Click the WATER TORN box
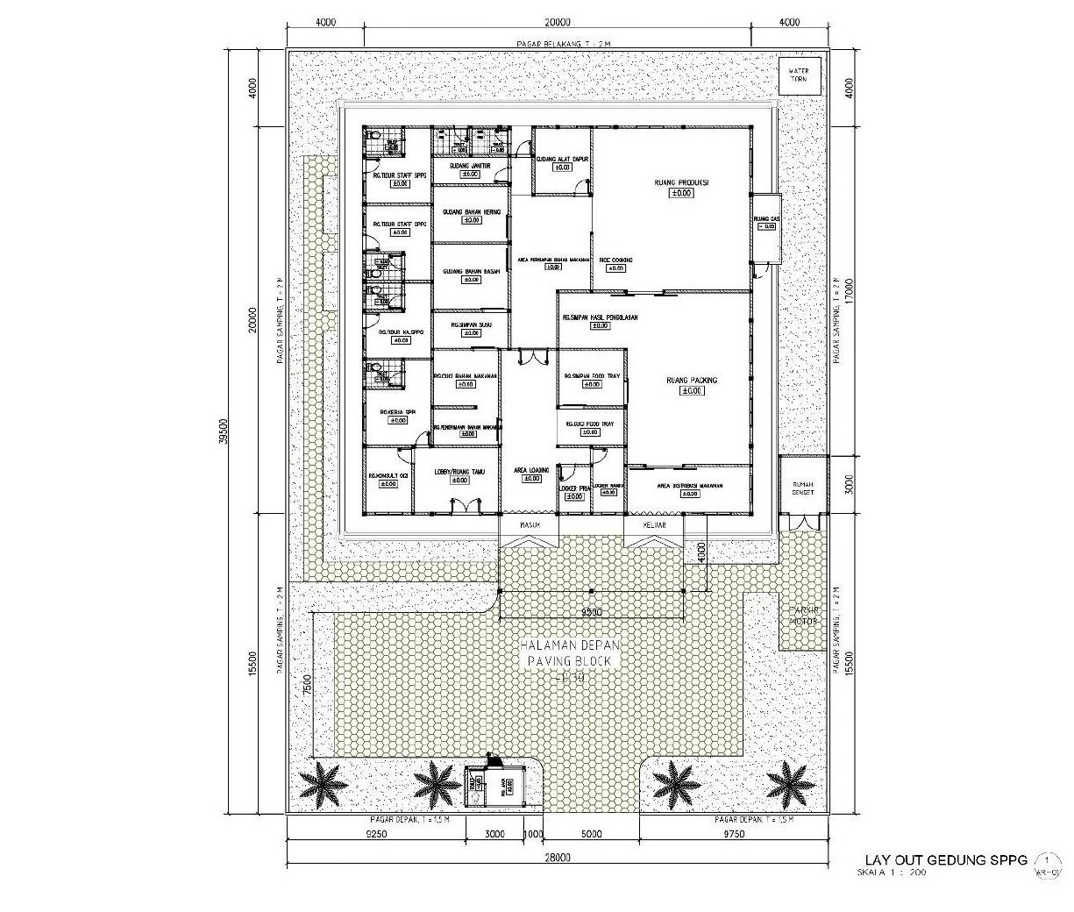[799, 75]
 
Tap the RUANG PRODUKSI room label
[680, 183]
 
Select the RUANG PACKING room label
[692, 381]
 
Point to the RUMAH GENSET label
[803, 488]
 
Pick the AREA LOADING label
[531, 471]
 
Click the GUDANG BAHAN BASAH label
[471, 272]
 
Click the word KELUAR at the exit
[654, 525]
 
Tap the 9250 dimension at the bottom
[374, 834]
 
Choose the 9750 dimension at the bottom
[733, 834]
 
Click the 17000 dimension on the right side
[848, 290]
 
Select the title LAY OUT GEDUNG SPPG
[945, 859]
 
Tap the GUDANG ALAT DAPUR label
[562, 159]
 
